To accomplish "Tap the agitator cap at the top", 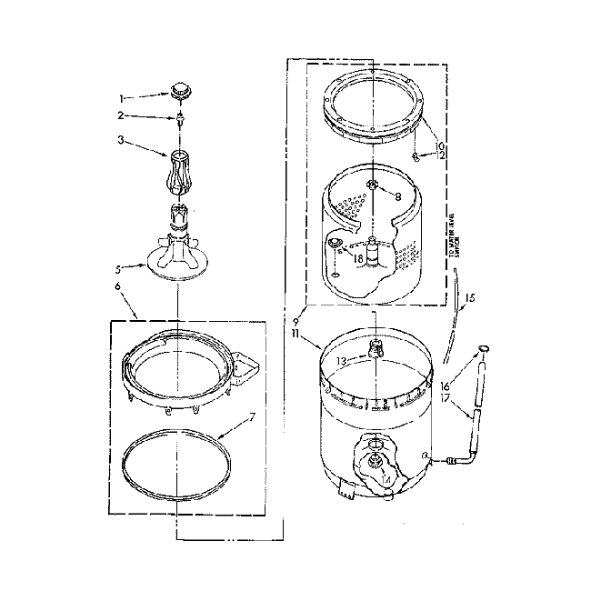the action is pyautogui.click(x=178, y=91).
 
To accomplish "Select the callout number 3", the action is pyautogui.click(x=121, y=141).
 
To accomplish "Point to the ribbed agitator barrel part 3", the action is pyautogui.click(x=178, y=168).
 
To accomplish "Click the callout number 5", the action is pyautogui.click(x=118, y=268).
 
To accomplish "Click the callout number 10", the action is pyautogui.click(x=440, y=145).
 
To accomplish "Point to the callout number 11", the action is pyautogui.click(x=297, y=334).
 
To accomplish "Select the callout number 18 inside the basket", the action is pyautogui.click(x=358, y=258).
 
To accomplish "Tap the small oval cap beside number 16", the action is pyautogui.click(x=483, y=348).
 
